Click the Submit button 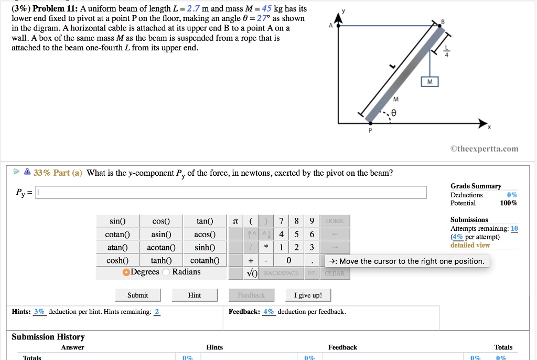point(137,295)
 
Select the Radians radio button point(166,272)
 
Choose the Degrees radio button point(126,272)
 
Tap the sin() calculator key point(117,221)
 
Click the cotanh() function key point(205,260)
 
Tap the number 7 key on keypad point(282,221)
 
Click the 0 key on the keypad point(289,260)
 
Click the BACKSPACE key point(282,273)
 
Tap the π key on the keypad point(235,221)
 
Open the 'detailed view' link point(470,245)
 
